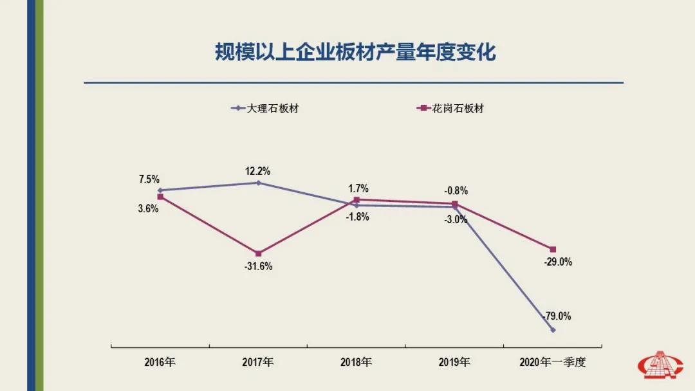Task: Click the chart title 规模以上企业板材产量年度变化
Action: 355,52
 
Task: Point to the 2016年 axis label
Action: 160,362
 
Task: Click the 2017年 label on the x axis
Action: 258,362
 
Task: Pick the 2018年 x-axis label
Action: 356,362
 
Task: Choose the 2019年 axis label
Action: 454,362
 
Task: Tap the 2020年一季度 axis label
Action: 553,362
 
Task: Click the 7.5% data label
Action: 149,179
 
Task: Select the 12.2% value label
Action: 257,172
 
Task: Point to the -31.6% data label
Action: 259,266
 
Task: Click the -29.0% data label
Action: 557,262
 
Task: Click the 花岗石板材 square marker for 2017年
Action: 258,253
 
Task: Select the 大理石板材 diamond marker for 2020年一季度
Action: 553,330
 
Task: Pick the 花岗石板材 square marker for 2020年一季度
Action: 553,249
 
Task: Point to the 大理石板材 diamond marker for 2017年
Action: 258,183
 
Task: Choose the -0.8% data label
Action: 456,191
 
